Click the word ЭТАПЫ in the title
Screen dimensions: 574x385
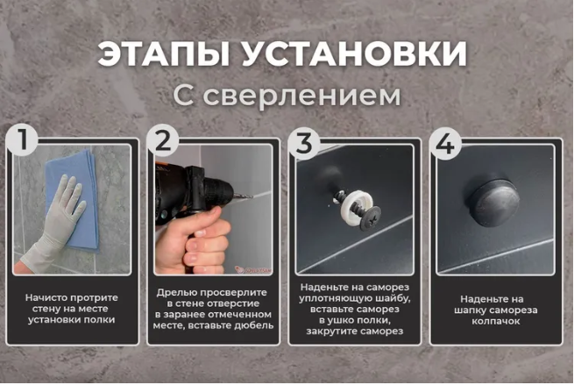pyautogui.click(x=163, y=53)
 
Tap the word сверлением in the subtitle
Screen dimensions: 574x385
pyautogui.click(x=301, y=96)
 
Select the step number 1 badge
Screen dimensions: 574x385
pyautogui.click(x=22, y=139)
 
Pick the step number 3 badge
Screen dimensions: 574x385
pyautogui.click(x=304, y=142)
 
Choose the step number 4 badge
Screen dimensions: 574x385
pyautogui.click(x=445, y=142)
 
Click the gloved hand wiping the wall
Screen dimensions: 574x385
pyautogui.click(x=55, y=224)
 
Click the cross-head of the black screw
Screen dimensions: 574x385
pyautogui.click(x=372, y=219)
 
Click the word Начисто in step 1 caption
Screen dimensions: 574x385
pyautogui.click(x=46, y=297)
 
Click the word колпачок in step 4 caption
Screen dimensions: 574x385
pyautogui.click(x=496, y=321)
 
